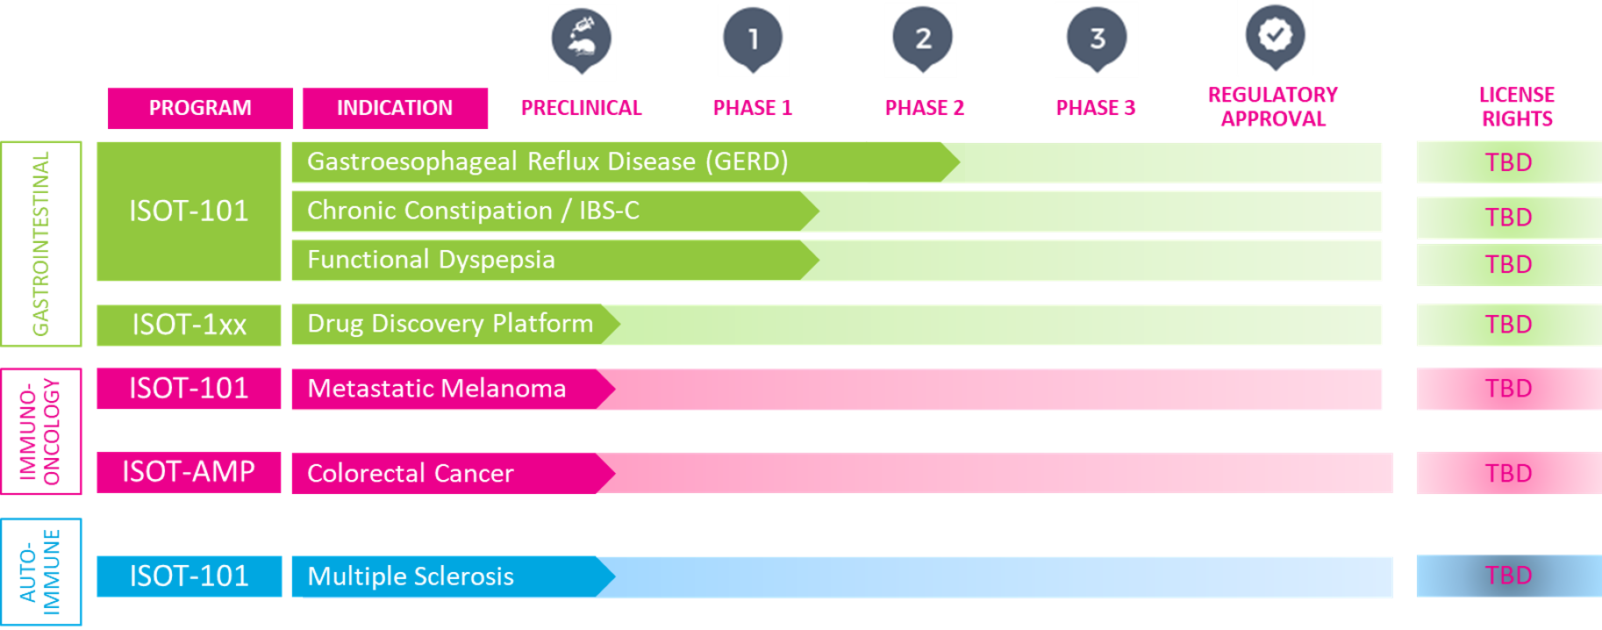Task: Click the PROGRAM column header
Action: pos(200,108)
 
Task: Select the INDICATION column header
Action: pos(395,108)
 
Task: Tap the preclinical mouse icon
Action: pos(581,39)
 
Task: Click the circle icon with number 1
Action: pos(753,39)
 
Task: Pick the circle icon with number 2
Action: pos(923,39)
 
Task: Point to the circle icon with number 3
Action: pos(1097,39)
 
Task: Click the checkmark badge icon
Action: pos(1275,36)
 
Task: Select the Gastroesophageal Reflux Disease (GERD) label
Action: pos(547,161)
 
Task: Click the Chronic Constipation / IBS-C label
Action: pos(473,211)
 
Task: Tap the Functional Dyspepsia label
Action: pos(431,260)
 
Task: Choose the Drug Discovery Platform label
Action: pos(450,324)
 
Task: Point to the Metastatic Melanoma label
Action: pos(437,388)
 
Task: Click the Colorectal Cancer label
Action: pos(410,473)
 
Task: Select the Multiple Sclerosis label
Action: pos(411,576)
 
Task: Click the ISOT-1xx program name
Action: pos(189,325)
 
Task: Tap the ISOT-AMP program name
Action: pos(189,472)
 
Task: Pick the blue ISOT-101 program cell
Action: pos(189,576)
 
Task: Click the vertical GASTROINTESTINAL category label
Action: pos(40,244)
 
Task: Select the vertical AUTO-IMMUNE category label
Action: pos(40,572)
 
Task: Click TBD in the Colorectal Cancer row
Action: pos(1508,473)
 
